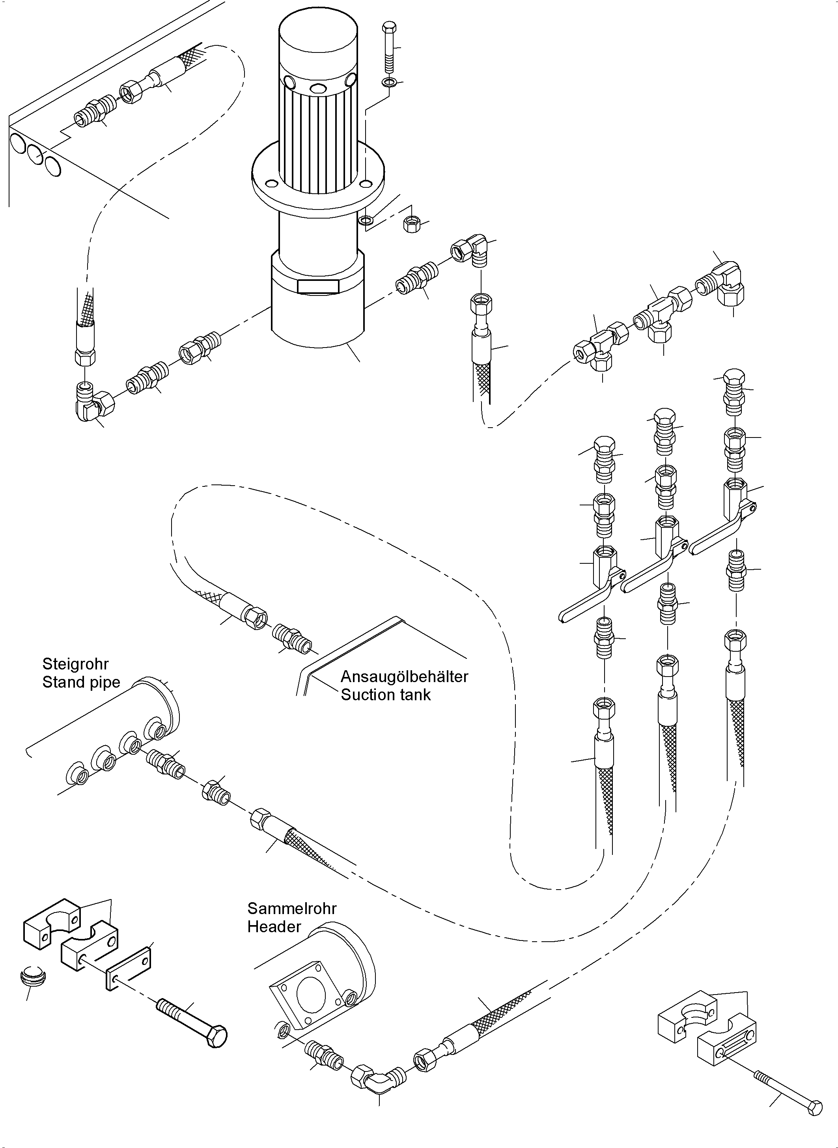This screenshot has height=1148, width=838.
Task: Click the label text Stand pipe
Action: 81,682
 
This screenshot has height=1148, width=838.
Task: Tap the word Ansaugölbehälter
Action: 404,677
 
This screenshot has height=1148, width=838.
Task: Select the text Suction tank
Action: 386,695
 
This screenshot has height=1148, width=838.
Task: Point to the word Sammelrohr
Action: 292,909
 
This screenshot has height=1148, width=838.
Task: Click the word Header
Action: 274,927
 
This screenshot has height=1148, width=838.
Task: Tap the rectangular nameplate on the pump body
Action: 318,286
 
